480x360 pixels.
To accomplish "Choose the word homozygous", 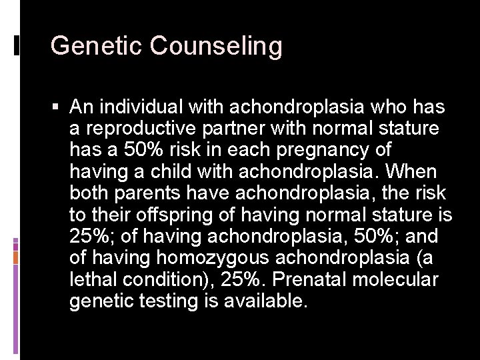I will click(x=213, y=259).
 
